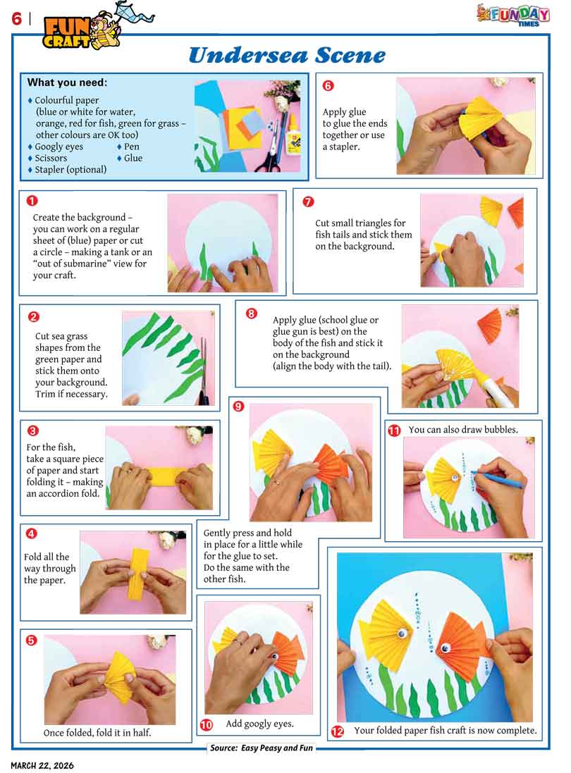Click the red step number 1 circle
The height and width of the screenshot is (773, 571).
pyautogui.click(x=32, y=201)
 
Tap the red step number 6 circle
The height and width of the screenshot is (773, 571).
pyautogui.click(x=328, y=85)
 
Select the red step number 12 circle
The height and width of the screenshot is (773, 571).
pyautogui.click(x=337, y=731)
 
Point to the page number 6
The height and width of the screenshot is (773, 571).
pyautogui.click(x=17, y=19)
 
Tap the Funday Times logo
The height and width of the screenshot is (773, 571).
pyautogui.click(x=513, y=15)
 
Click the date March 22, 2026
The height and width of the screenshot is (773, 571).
pyautogui.click(x=42, y=766)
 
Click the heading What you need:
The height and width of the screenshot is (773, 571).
pyautogui.click(x=67, y=82)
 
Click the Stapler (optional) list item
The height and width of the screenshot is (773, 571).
pyautogui.click(x=68, y=170)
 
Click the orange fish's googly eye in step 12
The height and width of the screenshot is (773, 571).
pyautogui.click(x=446, y=648)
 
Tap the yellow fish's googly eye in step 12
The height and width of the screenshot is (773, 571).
pyautogui.click(x=403, y=633)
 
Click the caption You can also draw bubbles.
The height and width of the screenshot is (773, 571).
pyautogui.click(x=463, y=429)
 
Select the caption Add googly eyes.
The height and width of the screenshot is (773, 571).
pyautogui.click(x=260, y=724)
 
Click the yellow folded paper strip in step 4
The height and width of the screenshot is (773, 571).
pyautogui.click(x=137, y=572)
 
